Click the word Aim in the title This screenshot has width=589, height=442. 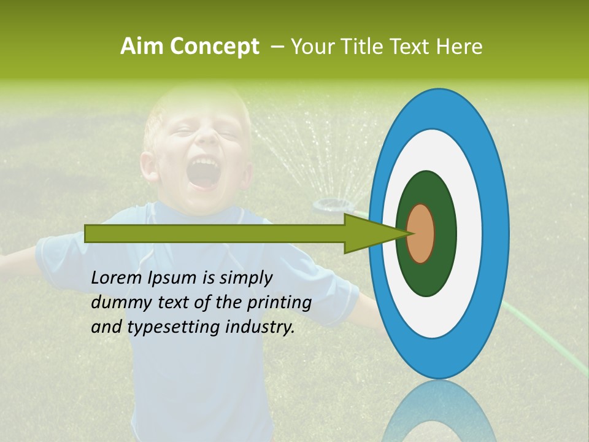tap(142, 47)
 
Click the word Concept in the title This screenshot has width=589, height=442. tap(214, 47)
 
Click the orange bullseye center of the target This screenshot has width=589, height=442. tap(421, 233)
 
